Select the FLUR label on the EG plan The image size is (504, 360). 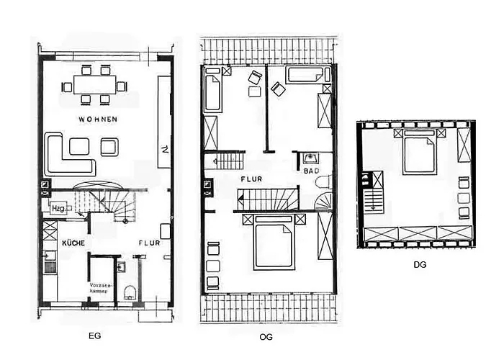click(149, 243)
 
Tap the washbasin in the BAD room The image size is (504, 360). click(312, 158)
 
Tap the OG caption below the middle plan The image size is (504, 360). click(265, 336)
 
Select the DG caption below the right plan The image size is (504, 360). click(420, 264)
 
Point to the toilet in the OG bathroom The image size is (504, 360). click(325, 179)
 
